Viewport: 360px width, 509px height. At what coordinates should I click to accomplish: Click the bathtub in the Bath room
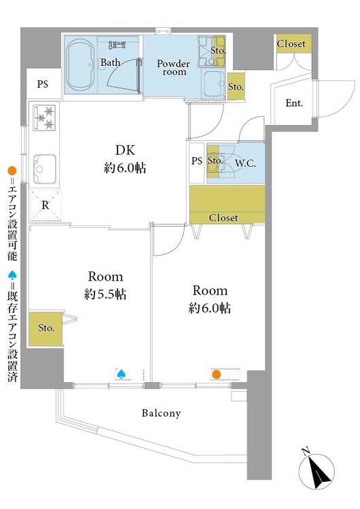tap(80, 64)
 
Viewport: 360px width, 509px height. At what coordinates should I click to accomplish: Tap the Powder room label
tap(173, 67)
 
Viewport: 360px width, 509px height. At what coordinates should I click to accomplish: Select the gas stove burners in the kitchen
tap(44, 117)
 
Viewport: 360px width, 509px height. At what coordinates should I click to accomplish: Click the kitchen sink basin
tap(44, 169)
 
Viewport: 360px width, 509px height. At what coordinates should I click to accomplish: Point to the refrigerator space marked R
tap(46, 206)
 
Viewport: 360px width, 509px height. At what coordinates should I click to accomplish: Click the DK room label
tap(125, 150)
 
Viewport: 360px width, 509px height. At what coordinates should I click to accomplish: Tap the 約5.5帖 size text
tap(105, 294)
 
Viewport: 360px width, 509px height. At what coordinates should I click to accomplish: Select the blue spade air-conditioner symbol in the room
tap(121, 374)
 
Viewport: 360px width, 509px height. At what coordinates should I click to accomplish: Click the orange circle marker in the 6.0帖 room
tap(216, 375)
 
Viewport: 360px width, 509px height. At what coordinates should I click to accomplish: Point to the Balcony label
tap(161, 413)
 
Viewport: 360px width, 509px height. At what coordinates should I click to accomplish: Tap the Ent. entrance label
tap(294, 103)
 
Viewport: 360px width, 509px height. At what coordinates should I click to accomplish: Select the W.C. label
tap(245, 163)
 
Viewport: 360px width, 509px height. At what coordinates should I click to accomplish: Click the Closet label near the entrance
tap(291, 43)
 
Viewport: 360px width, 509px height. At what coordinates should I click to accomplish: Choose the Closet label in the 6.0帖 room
tap(223, 217)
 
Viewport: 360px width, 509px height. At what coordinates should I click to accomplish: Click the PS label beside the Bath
tap(43, 84)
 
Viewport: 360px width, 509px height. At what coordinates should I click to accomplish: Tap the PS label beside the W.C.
tap(197, 161)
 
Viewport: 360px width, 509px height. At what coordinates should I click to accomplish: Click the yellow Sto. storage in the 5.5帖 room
tap(45, 328)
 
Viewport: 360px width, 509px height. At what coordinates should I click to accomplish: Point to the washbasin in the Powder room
tap(213, 83)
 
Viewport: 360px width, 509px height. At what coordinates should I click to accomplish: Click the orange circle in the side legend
tap(12, 171)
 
